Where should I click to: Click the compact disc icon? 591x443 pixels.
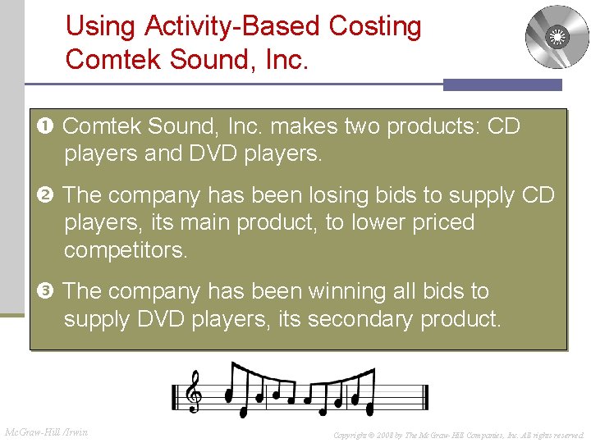(557, 37)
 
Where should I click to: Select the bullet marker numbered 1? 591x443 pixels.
(48, 127)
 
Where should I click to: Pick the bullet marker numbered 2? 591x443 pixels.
(48, 196)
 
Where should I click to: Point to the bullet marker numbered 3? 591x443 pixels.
(48, 292)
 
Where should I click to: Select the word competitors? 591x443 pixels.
(126, 250)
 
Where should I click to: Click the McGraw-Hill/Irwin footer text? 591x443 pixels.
(47, 432)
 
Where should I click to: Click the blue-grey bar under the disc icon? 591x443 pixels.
(502, 84)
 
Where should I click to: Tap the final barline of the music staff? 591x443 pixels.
(424, 397)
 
